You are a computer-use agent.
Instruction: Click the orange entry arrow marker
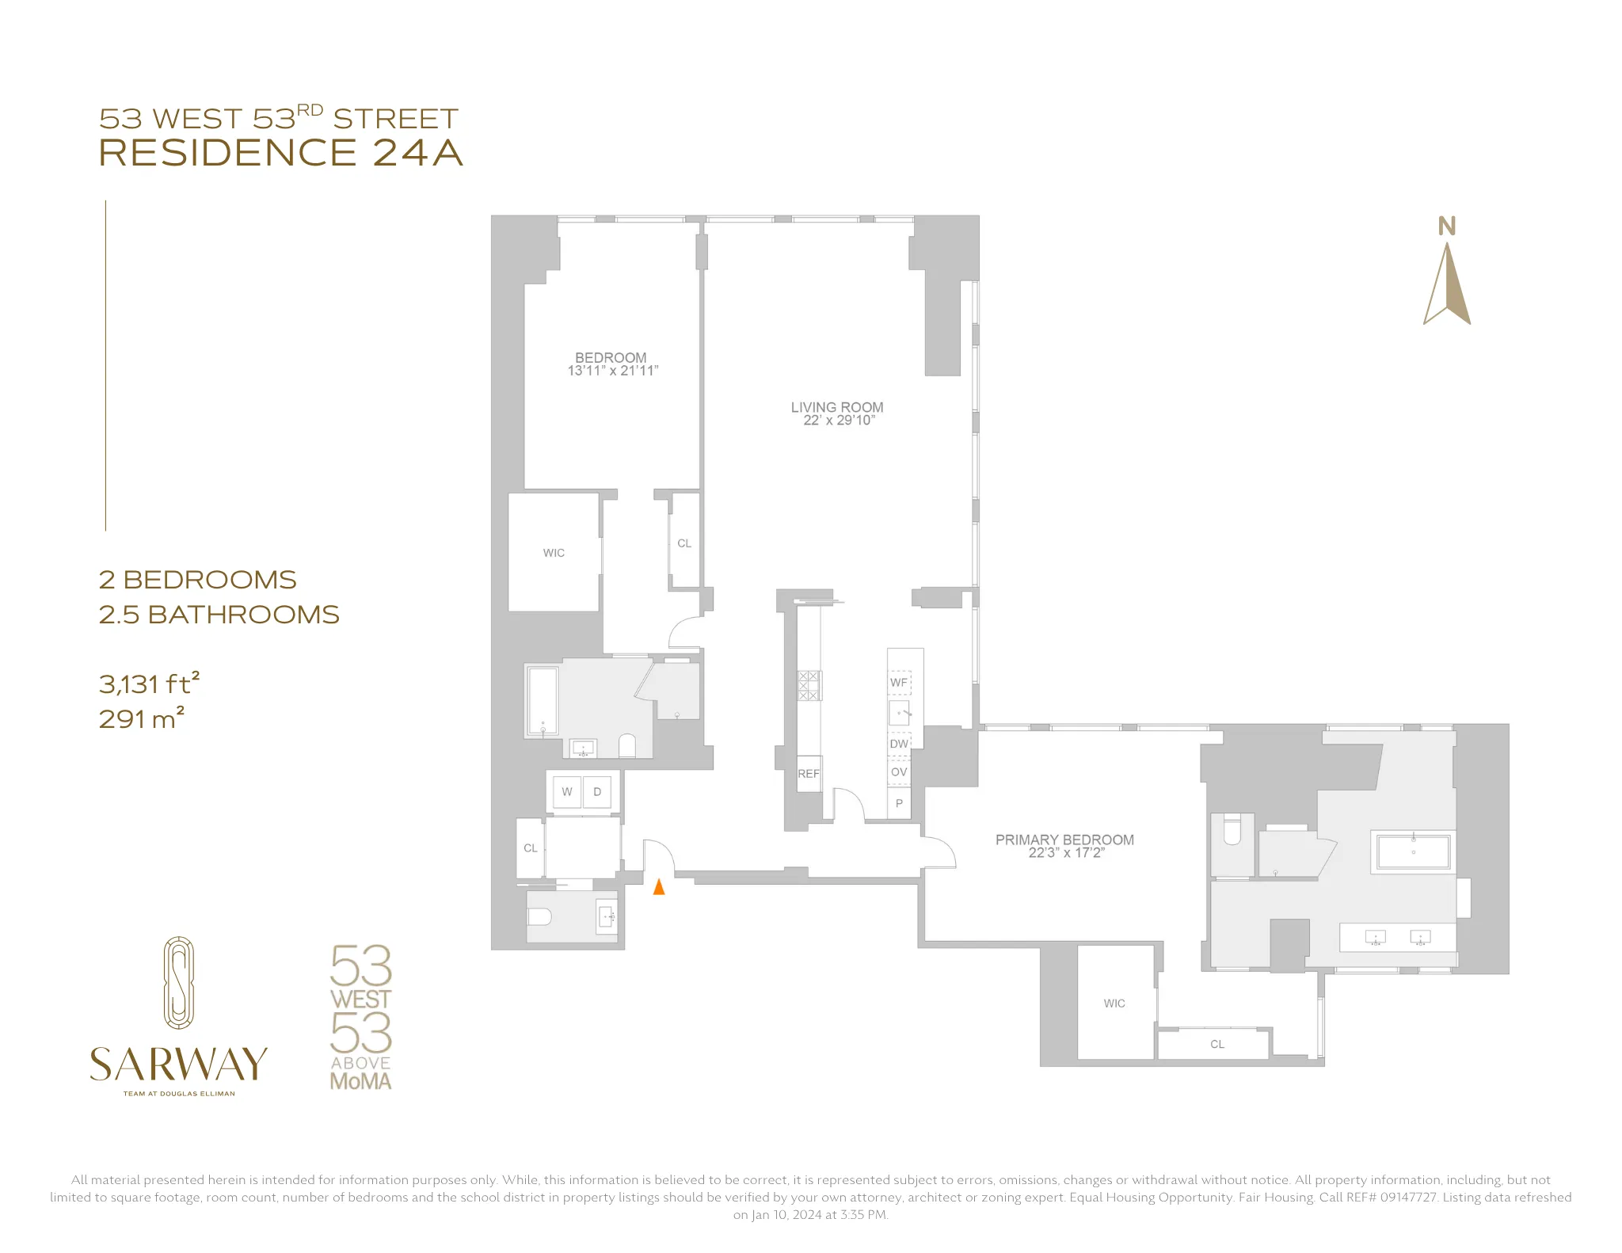(658, 887)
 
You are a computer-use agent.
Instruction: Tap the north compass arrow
(1447, 283)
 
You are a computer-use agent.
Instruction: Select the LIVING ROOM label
(836, 407)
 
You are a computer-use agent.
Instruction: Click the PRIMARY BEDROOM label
(1064, 840)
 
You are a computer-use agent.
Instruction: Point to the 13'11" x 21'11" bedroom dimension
(612, 371)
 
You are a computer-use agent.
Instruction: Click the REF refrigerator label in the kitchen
(809, 774)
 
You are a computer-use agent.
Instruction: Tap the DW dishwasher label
(899, 744)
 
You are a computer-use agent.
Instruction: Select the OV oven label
(899, 772)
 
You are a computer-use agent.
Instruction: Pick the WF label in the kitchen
(899, 683)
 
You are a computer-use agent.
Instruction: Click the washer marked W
(567, 792)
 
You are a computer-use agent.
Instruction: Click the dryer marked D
(597, 792)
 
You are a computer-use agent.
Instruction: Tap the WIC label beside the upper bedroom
(554, 553)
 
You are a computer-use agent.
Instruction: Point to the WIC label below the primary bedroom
(1114, 1004)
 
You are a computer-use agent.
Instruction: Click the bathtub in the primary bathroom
(1413, 851)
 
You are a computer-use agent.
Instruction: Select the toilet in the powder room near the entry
(540, 917)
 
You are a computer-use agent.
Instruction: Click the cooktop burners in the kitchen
(809, 685)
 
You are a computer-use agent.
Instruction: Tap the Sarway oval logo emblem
(179, 983)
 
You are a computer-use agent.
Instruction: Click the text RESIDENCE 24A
(280, 153)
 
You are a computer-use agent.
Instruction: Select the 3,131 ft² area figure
(149, 683)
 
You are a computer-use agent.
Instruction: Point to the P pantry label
(899, 803)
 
